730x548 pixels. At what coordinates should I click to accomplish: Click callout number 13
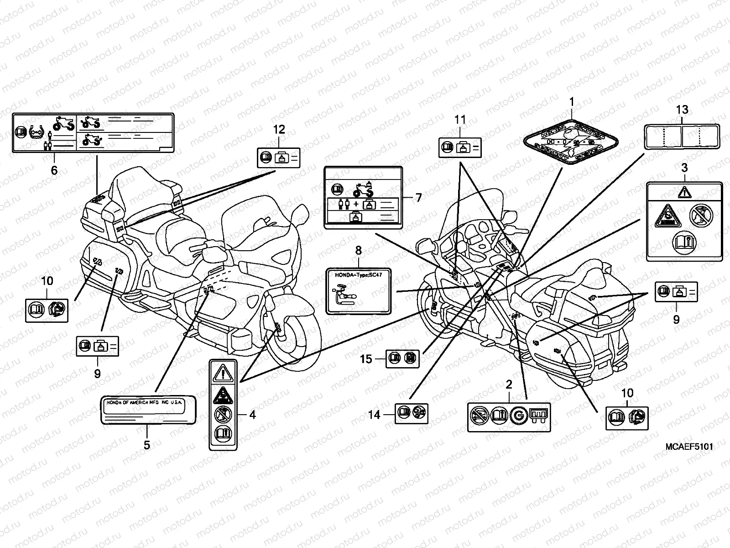click(x=682, y=110)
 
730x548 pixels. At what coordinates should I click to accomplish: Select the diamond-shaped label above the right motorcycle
click(x=572, y=142)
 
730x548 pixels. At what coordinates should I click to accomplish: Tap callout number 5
click(x=147, y=445)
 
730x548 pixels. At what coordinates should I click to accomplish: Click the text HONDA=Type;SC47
click(x=359, y=275)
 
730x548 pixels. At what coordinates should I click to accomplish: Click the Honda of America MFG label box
click(x=148, y=410)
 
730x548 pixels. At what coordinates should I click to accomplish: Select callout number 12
click(x=279, y=129)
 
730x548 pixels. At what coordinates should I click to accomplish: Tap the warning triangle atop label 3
click(x=684, y=192)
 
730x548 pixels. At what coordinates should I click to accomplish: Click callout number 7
click(x=418, y=198)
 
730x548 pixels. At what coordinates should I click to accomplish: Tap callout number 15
click(x=366, y=359)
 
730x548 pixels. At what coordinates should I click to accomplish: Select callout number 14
click(x=374, y=415)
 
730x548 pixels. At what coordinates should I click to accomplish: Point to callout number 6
click(x=54, y=171)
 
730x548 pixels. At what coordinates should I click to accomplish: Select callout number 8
click(x=358, y=250)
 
